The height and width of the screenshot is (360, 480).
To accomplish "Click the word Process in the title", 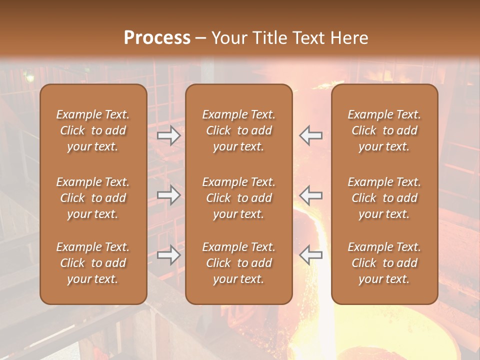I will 157,38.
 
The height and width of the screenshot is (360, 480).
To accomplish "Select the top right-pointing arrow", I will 169,135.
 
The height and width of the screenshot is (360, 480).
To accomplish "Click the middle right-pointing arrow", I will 169,195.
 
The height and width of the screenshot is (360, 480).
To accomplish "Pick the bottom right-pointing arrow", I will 169,255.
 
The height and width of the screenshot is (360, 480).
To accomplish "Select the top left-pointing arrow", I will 311,135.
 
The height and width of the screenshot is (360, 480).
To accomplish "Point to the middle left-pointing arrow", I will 311,195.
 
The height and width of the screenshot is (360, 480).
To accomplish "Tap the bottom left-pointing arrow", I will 311,255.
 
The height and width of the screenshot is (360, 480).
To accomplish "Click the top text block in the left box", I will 93,130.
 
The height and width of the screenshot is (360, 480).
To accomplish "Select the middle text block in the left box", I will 93,198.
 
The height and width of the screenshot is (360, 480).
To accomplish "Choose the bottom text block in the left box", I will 93,263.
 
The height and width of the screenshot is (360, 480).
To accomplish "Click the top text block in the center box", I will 238,130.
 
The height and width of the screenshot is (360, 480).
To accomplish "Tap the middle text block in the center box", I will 238,198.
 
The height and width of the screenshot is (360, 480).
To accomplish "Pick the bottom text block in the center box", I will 238,263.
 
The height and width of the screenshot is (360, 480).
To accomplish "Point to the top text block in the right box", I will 384,130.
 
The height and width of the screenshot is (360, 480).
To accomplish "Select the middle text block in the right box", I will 384,198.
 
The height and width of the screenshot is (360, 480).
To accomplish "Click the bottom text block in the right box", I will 384,263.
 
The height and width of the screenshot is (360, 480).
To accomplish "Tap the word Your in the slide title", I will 229,38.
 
